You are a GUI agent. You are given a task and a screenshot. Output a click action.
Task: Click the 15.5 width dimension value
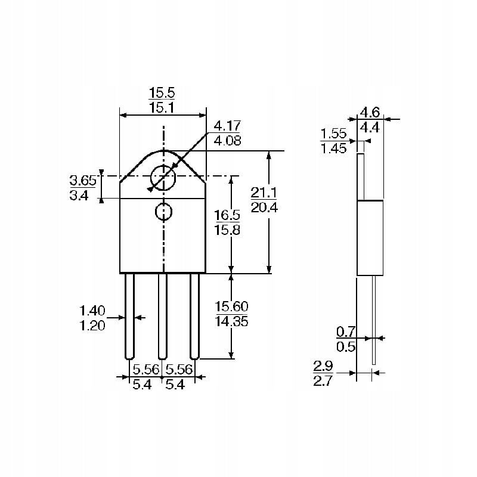162,93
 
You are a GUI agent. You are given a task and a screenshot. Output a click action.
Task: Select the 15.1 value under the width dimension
162,108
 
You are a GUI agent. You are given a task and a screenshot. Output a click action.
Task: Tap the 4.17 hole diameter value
227,126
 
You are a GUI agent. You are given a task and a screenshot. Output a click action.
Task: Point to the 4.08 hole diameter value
227,141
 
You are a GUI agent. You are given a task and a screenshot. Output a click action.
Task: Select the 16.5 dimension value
227,215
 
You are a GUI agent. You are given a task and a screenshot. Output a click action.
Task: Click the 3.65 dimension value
83,180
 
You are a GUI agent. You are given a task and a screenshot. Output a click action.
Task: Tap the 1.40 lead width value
92,310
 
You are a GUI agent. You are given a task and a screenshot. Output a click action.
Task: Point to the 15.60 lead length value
231,306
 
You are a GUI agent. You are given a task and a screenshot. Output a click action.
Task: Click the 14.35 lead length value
231,321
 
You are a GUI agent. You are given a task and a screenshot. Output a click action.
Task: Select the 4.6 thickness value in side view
370,112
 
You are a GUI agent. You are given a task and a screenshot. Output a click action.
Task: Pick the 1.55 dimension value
333,134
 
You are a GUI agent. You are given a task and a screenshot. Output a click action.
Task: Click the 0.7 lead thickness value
345,331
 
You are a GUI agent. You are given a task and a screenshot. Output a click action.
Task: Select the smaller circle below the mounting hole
163,211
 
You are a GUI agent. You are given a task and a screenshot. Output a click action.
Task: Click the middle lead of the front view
162,316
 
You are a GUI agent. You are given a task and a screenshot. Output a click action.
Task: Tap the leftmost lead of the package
130,316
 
